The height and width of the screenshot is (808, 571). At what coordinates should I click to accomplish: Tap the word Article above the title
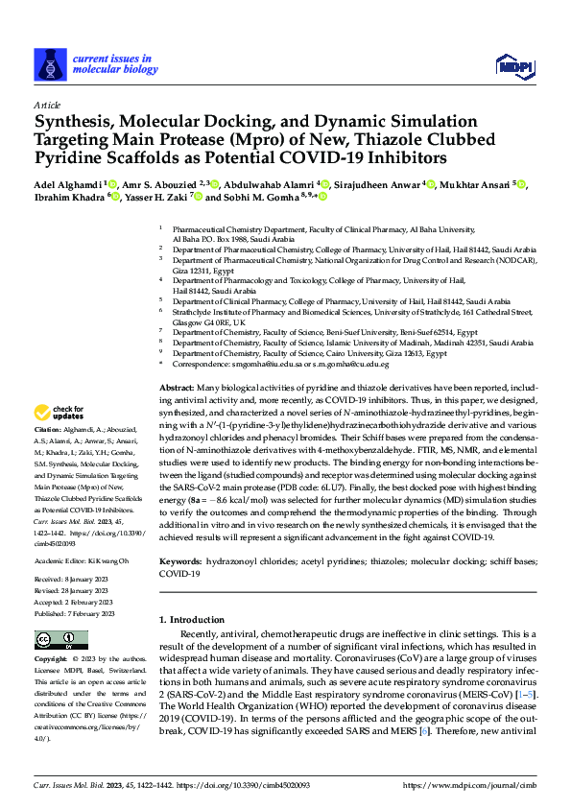pyautogui.click(x=46, y=104)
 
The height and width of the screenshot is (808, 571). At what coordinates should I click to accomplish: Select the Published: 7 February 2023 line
pyautogui.click(x=75, y=613)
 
